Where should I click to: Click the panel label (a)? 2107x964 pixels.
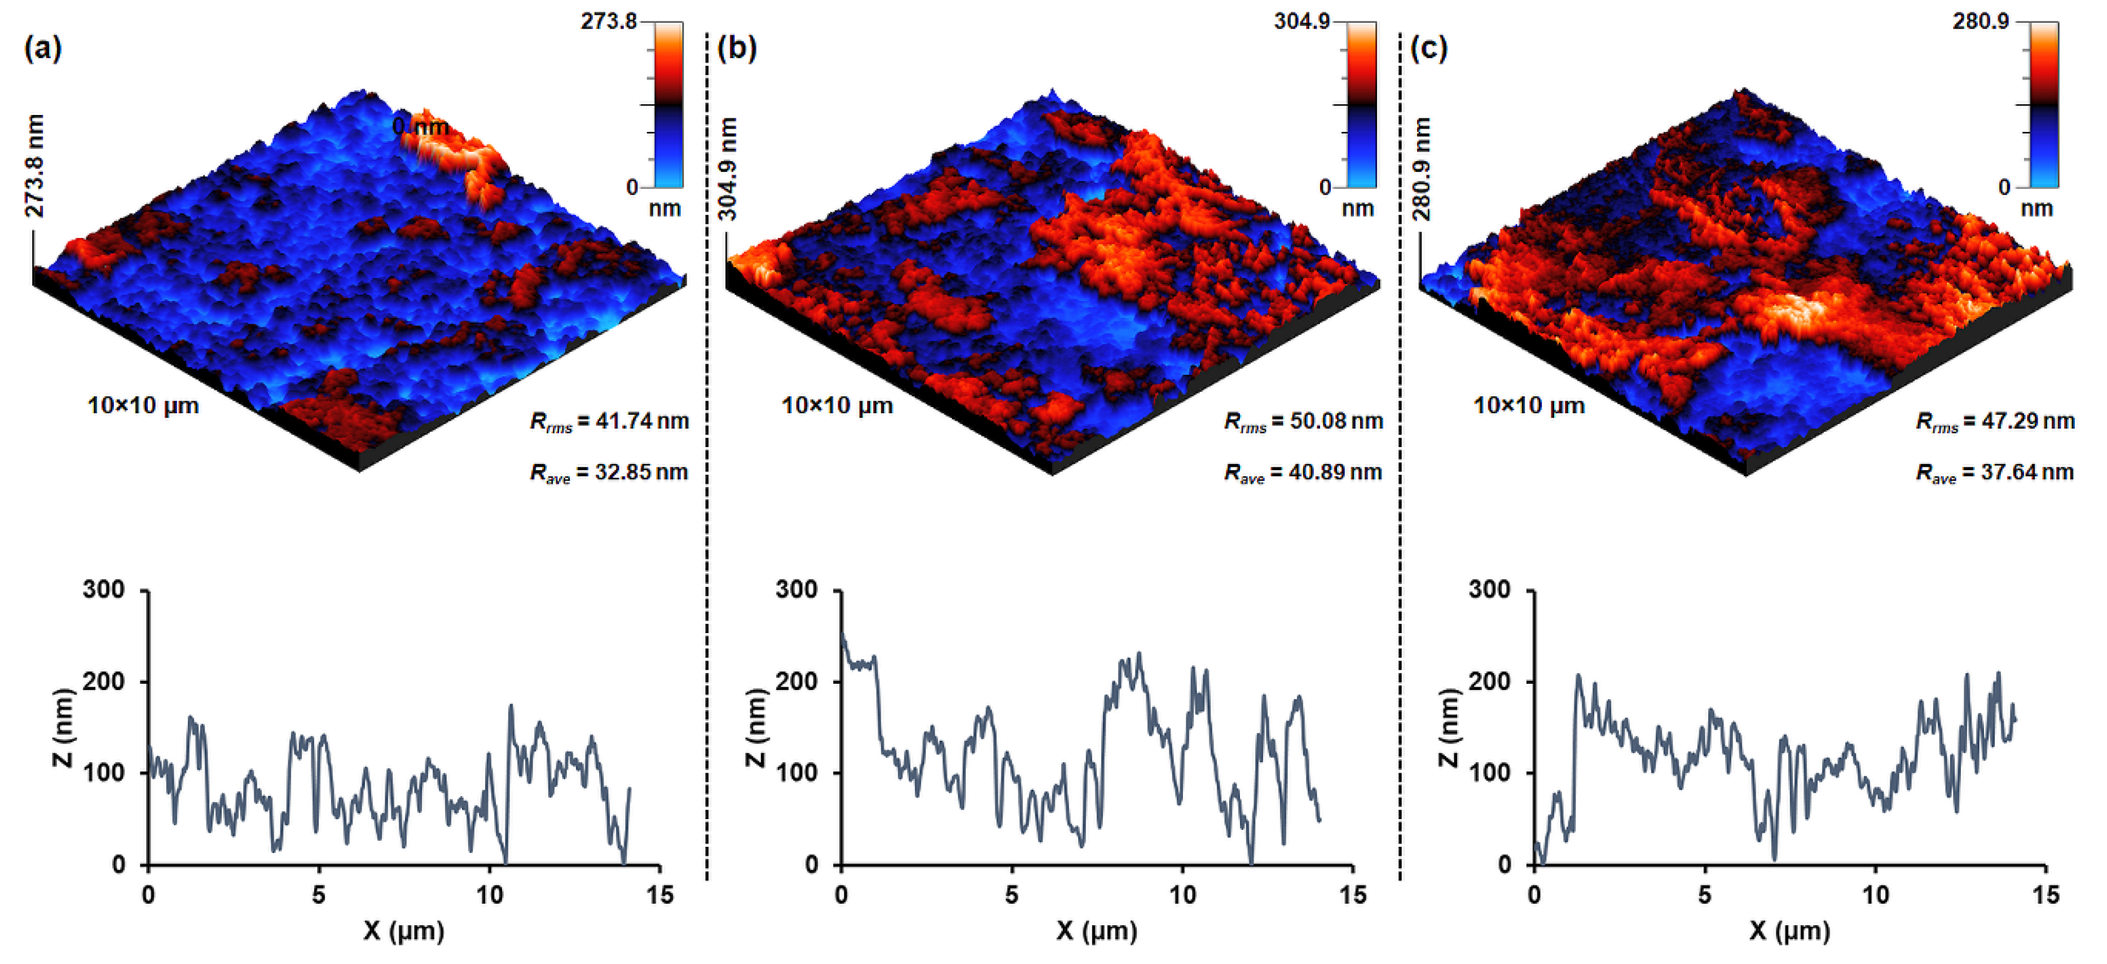[x=42, y=49]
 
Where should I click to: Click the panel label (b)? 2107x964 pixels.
[x=736, y=49]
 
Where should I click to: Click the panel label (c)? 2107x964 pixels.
[x=1429, y=49]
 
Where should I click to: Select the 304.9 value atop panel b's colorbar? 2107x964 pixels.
[x=1301, y=22]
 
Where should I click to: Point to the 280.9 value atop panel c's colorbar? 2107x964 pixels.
[x=1980, y=22]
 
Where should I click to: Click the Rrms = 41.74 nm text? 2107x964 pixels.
[x=609, y=422]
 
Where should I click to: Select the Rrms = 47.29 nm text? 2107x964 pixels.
[x=1994, y=422]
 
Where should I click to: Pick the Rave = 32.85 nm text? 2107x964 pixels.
[x=609, y=472]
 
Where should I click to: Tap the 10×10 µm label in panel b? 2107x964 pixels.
[x=837, y=405]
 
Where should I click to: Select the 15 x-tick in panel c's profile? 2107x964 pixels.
[x=2045, y=895]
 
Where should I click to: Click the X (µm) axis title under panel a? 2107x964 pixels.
[x=403, y=931]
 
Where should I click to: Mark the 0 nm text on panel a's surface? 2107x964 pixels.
[x=420, y=127]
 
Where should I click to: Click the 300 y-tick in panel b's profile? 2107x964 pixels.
[x=796, y=590]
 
